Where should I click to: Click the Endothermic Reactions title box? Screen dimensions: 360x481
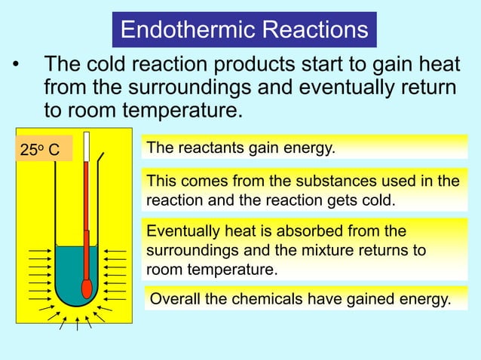click(244, 30)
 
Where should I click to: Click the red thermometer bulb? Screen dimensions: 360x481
click(87, 288)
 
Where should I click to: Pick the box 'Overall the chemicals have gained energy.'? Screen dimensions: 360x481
click(300, 299)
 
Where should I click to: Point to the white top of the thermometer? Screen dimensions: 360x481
click(87, 147)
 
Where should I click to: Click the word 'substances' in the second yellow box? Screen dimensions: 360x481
click(325, 182)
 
